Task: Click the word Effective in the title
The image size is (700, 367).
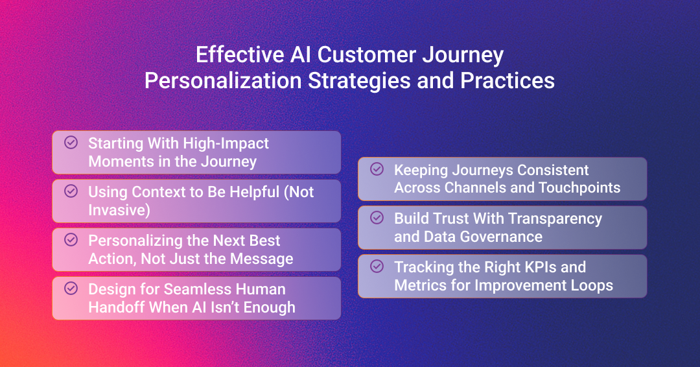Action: [x=240, y=55]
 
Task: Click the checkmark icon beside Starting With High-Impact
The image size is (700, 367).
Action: [x=71, y=143]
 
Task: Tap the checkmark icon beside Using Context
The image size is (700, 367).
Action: [x=71, y=191]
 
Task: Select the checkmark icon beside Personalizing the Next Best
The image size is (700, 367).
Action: [x=71, y=240]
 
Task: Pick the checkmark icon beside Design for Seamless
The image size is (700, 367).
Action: [x=71, y=289]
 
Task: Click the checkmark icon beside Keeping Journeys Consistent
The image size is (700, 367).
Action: [x=377, y=169]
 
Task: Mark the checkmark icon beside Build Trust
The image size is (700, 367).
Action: [x=377, y=217]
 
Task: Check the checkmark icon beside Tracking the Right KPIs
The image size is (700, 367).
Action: [x=377, y=266]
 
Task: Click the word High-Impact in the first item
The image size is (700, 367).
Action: [x=226, y=144]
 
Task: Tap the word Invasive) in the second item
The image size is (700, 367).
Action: [x=119, y=210]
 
